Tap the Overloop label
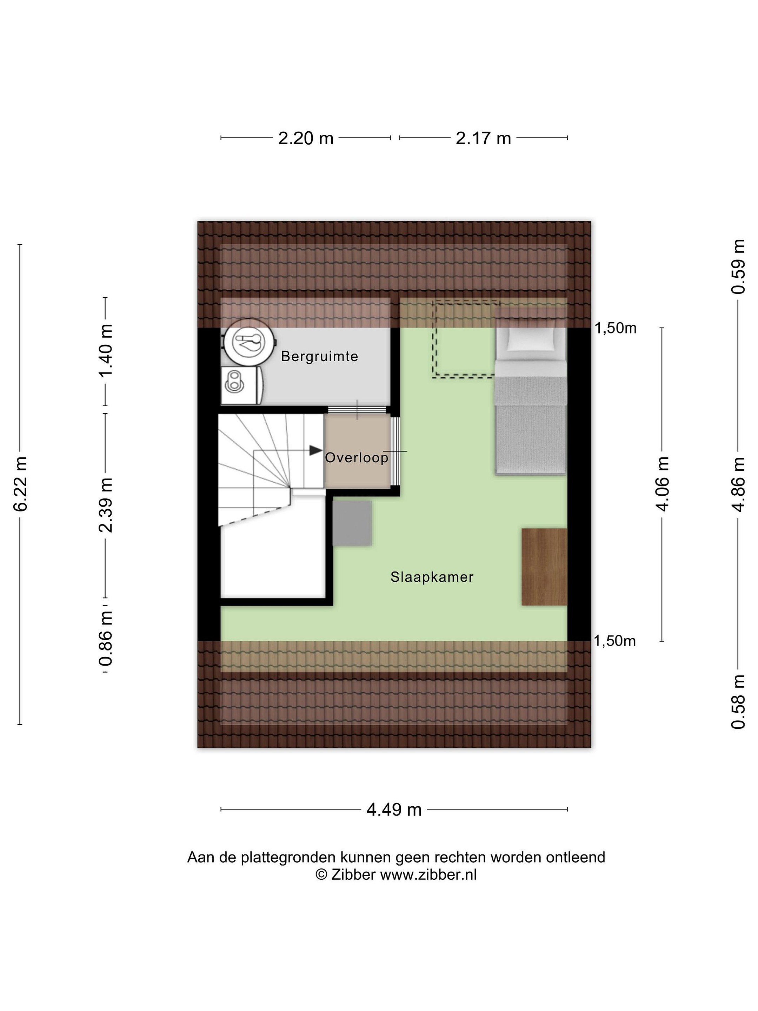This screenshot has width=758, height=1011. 357,457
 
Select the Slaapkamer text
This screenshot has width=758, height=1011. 432,577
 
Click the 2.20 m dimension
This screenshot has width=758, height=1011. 306,138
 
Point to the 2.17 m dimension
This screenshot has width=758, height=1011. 483,138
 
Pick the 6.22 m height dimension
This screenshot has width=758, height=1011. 21,484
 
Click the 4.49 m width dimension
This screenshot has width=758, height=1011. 394,810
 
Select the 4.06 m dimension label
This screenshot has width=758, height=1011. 662,484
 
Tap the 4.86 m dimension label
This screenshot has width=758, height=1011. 738,484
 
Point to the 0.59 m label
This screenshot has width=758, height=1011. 738,266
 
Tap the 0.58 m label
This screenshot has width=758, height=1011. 738,702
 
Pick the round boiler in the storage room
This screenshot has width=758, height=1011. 249,342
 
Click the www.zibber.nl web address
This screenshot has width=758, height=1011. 428,875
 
